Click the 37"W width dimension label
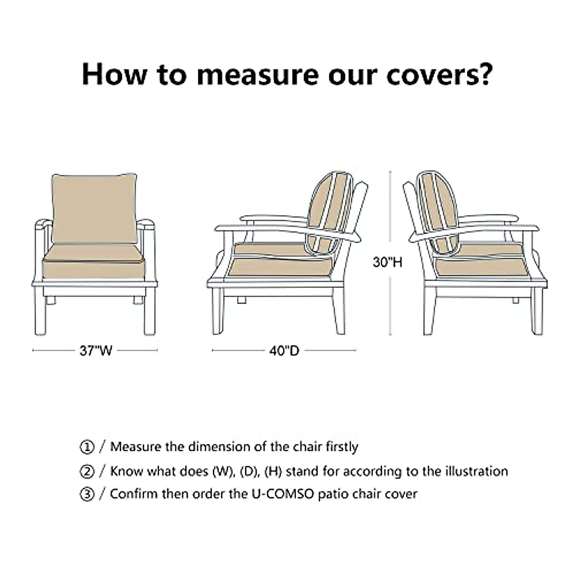pos(95,351)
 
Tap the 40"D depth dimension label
pos(284,351)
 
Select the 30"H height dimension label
pos(388,262)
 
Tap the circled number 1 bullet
pos(87,448)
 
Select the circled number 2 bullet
pos(87,471)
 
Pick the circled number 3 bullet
pos(87,494)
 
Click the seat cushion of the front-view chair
pos(93,262)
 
